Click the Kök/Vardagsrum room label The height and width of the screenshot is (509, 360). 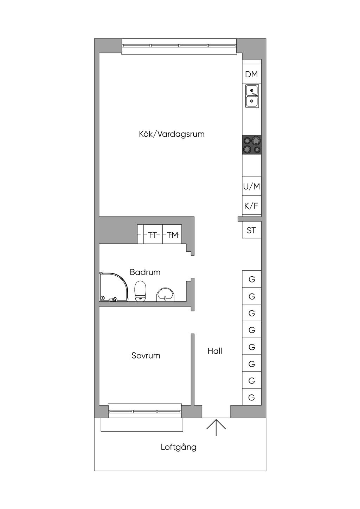[x=172, y=134]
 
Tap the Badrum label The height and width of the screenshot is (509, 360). [x=145, y=272]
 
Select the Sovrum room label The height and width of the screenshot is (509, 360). [x=146, y=355]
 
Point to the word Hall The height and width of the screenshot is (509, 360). [x=215, y=351]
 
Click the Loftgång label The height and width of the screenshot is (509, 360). [x=179, y=447]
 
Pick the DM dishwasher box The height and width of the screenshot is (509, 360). [x=252, y=74]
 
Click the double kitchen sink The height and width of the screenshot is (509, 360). [x=252, y=96]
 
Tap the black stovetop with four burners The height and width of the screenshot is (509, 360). [x=252, y=145]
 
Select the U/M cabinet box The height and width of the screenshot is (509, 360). [x=252, y=186]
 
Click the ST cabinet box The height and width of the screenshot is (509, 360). [x=252, y=230]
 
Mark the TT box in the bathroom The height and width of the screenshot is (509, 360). [x=153, y=234]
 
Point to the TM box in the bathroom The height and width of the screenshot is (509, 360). [x=172, y=234]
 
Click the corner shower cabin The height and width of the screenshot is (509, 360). [x=114, y=287]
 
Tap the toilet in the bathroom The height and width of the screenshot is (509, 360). [x=140, y=291]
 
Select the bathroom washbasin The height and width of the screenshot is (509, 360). [x=166, y=295]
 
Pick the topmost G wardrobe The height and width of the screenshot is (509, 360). [x=252, y=279]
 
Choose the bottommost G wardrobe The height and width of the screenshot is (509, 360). [x=252, y=398]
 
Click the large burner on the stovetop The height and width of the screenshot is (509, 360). [x=256, y=141]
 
